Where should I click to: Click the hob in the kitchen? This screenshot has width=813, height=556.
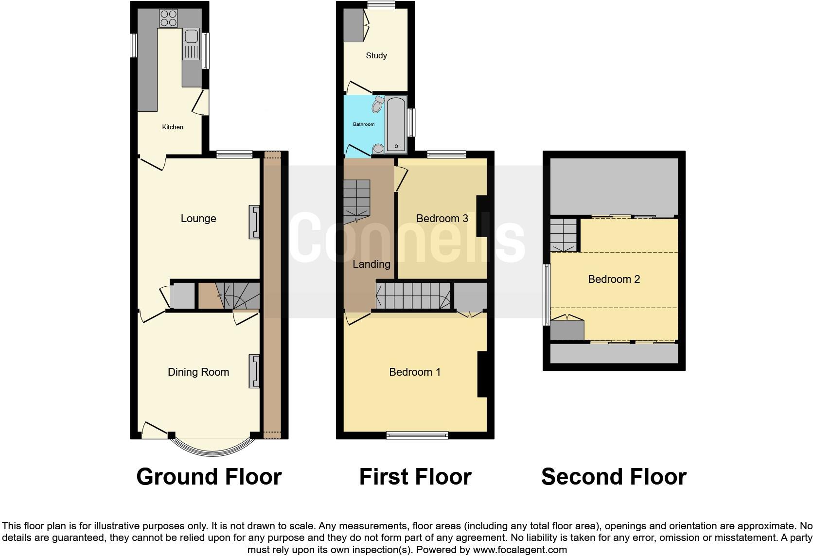click(168, 18)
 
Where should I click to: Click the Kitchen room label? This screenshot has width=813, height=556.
click(173, 127)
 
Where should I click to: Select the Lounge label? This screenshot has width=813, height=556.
click(198, 219)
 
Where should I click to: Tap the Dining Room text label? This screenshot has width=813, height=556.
click(198, 372)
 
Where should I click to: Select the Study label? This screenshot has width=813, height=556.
click(376, 56)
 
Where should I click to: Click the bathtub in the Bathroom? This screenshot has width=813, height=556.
click(396, 124)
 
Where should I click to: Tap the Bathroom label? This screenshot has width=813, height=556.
click(364, 124)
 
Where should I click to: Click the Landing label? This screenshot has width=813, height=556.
click(371, 264)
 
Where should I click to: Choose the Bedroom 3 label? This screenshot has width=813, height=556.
click(442, 219)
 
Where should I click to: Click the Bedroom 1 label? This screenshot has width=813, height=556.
click(415, 372)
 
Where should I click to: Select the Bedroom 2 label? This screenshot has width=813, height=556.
click(614, 279)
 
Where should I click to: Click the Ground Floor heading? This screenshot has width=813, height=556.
click(209, 477)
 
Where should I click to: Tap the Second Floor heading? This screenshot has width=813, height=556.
click(614, 477)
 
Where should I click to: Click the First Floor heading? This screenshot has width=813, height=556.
click(415, 477)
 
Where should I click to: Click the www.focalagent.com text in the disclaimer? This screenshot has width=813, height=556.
click(520, 550)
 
